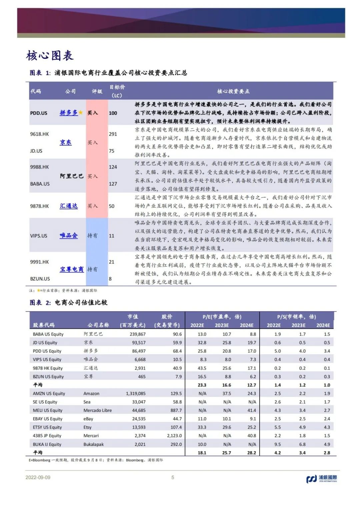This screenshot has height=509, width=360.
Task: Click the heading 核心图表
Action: coord(50,56)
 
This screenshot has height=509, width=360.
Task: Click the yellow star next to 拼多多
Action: coord(80,112)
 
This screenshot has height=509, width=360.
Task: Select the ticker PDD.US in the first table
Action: coord(39,113)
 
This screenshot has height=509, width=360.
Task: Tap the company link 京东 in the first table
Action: coord(66,142)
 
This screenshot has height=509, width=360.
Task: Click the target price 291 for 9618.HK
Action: coord(113,134)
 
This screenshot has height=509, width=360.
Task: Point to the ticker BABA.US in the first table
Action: coord(40,184)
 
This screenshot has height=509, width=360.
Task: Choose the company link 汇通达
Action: coord(69,206)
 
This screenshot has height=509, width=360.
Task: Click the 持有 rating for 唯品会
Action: coord(92,236)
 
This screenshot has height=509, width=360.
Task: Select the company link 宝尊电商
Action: coord(72,269)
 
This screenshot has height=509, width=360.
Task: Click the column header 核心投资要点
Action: coord(233,91)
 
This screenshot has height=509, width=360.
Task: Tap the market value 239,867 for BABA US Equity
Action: coord(137,334)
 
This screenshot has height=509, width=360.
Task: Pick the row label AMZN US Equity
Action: coord(49,393)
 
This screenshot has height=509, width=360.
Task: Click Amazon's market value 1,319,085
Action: coord(136,393)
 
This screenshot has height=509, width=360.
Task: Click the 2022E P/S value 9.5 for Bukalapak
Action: coord(277,444)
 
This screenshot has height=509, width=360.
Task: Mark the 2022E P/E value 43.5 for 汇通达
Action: coord(202,368)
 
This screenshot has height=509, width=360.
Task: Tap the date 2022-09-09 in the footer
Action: coord(38,477)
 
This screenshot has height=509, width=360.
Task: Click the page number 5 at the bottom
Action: coord(173,477)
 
